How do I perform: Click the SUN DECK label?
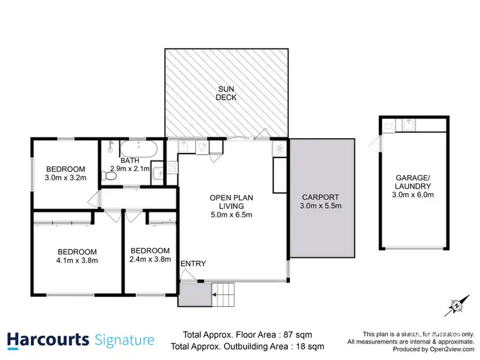click(227, 93)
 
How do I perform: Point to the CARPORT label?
click(321, 197)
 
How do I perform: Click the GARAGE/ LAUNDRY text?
click(412, 184)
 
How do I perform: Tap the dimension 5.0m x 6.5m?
click(231, 215)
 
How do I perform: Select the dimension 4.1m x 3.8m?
click(76, 260)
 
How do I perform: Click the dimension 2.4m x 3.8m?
click(149, 260)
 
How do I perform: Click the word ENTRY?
click(193, 263)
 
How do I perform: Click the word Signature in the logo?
click(124, 340)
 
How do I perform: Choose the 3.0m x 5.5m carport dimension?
click(321, 206)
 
